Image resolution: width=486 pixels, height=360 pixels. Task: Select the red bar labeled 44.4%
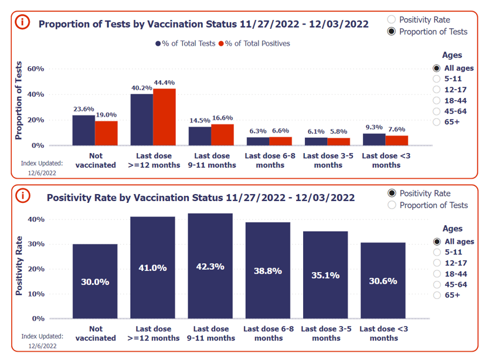[164, 117]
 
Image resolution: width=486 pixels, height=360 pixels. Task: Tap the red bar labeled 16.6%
[222, 134]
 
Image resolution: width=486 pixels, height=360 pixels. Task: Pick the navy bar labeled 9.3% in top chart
[374, 139]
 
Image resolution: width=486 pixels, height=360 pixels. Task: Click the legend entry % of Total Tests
[185, 43]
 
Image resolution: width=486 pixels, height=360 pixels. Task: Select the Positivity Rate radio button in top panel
[392, 19]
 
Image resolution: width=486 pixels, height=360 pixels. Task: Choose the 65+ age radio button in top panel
[436, 122]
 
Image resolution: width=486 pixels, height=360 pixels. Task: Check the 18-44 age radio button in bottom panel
[436, 273]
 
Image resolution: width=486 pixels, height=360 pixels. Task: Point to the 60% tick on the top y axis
[36, 69]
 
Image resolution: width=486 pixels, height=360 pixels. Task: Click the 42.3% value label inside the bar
[210, 267]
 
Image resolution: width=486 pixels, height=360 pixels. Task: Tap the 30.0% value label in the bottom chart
[95, 281]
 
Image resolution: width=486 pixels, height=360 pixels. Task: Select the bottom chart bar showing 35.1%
[325, 274]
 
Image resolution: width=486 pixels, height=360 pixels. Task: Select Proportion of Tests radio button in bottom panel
[392, 205]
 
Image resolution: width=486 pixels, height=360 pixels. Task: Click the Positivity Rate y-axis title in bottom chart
[19, 265]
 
